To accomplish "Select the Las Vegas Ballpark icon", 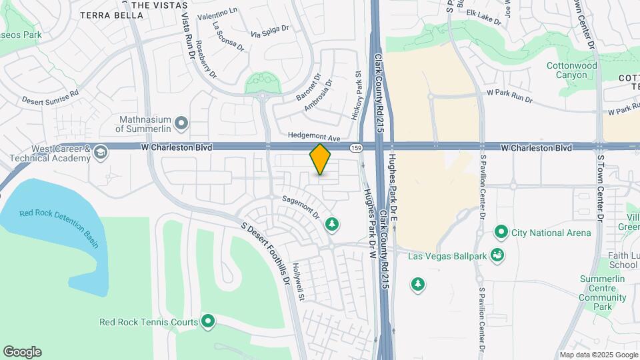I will (x=496, y=255).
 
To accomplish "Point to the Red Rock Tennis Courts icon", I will (x=208, y=322).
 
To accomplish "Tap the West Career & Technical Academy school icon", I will (x=99, y=153).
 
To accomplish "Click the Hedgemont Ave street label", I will (x=314, y=136).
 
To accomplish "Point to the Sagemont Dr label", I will (x=301, y=207).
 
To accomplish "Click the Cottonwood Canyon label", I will (x=571, y=71).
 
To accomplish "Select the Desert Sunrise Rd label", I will (x=50, y=97).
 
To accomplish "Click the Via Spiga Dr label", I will (x=270, y=31).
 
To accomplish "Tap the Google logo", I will (x=22, y=352).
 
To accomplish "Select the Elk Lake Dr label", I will (x=483, y=17).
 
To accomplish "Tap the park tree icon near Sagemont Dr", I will (x=331, y=225).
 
